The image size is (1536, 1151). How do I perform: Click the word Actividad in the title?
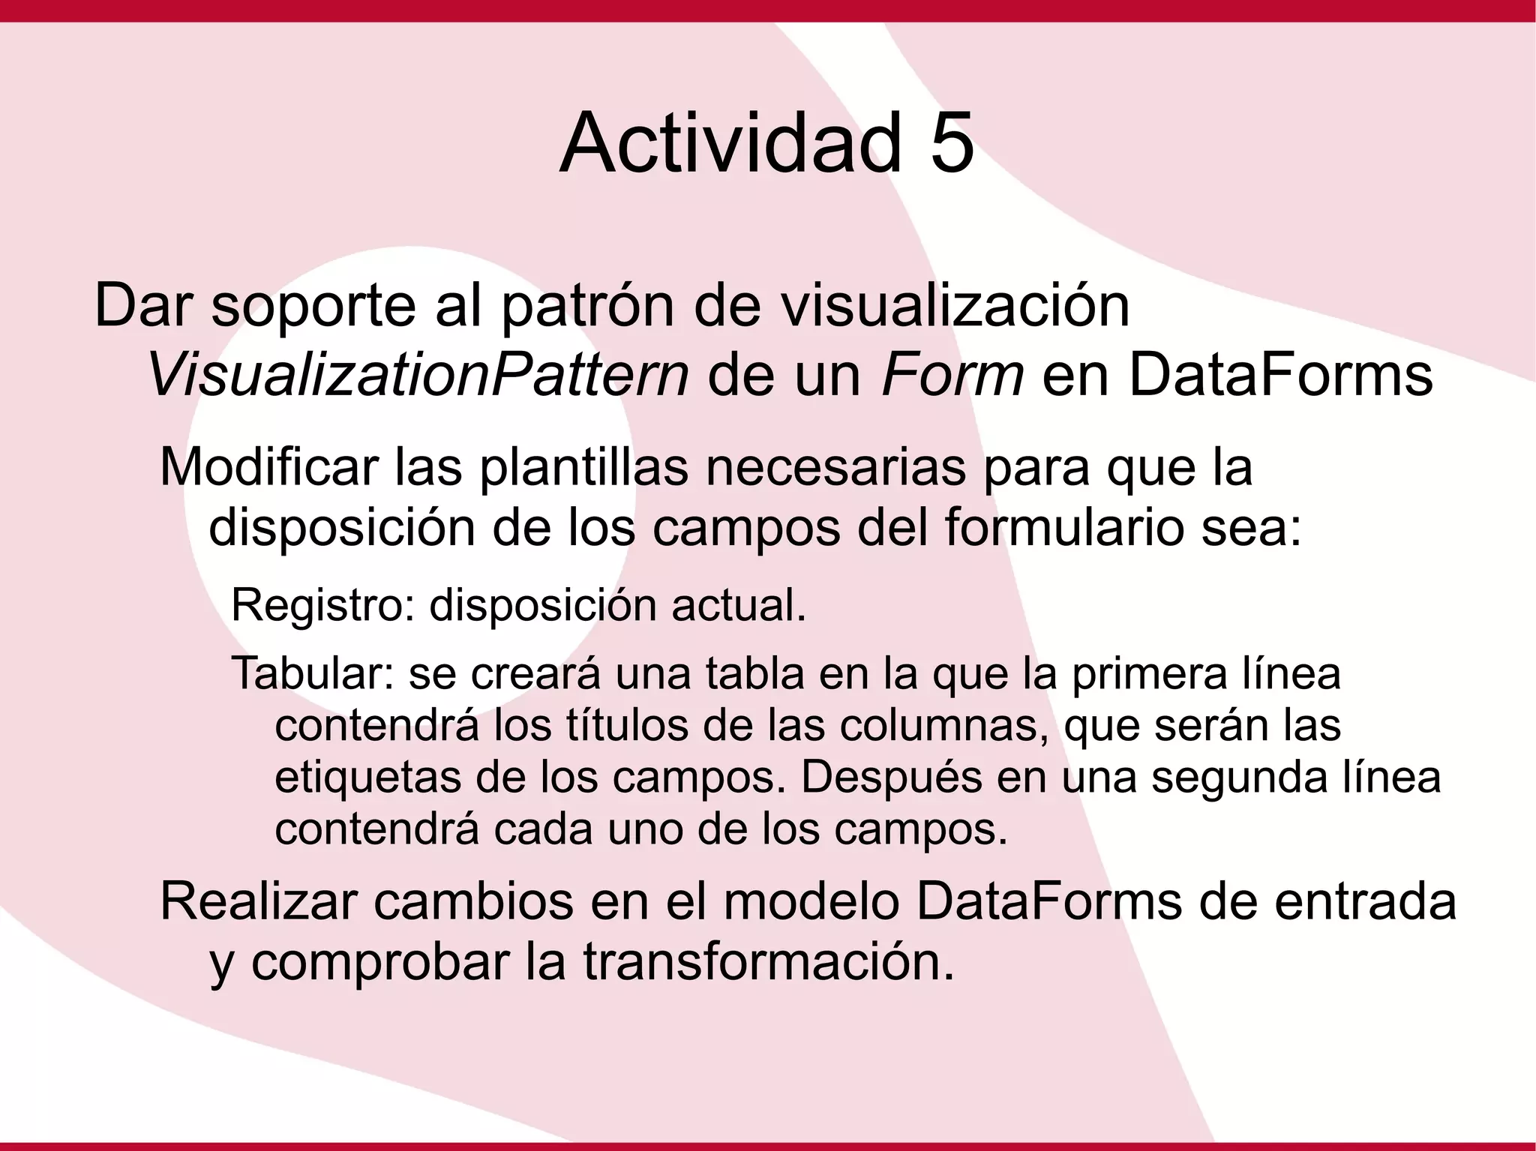730,142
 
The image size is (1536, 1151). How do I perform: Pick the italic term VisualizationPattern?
418,374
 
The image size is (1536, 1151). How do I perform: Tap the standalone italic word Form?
952,374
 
